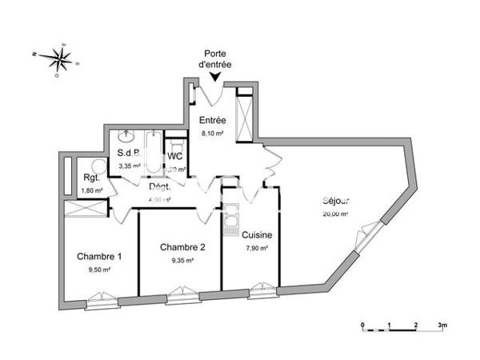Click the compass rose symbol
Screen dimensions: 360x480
click(x=61, y=57)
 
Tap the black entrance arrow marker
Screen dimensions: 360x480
click(x=215, y=77)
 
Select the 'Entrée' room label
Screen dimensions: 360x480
click(x=212, y=120)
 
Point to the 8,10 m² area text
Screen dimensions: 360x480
click(x=212, y=134)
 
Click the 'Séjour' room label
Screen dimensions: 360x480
click(x=337, y=201)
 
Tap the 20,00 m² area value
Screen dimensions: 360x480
click(x=336, y=214)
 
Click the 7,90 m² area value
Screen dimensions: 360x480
click(x=257, y=248)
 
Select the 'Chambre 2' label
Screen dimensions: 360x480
click(x=182, y=247)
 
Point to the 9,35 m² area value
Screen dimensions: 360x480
click(x=182, y=260)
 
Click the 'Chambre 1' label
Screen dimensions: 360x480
click(x=100, y=256)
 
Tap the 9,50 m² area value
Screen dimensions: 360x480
click(x=99, y=270)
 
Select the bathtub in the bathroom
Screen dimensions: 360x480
click(x=154, y=152)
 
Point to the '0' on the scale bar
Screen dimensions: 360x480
click(x=362, y=326)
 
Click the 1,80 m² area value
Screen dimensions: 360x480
click(x=92, y=190)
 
